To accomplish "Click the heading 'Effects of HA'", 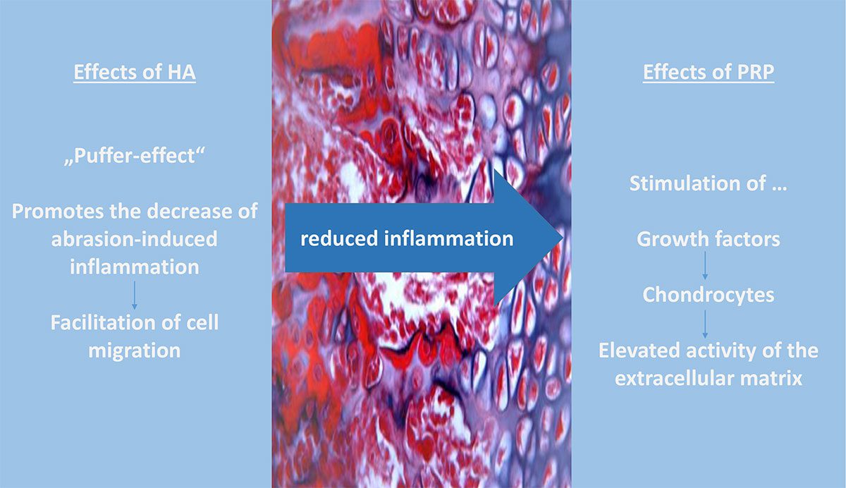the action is [135, 72].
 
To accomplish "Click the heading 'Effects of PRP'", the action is [709, 72].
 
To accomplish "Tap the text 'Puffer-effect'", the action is [135, 156].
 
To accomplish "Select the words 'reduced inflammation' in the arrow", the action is [407, 239].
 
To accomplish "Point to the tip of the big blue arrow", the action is [563, 238].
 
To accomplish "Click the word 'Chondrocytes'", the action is [709, 295].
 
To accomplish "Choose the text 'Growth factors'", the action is [709, 239].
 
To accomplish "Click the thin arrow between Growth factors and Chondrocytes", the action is [705, 266].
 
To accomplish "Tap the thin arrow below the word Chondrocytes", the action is [705, 324].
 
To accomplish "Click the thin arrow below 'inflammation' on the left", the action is [135, 295].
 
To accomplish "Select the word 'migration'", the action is [135, 351].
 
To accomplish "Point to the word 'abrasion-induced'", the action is [135, 239].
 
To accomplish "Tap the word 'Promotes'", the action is [58, 211].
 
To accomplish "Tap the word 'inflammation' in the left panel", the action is [135, 267].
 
